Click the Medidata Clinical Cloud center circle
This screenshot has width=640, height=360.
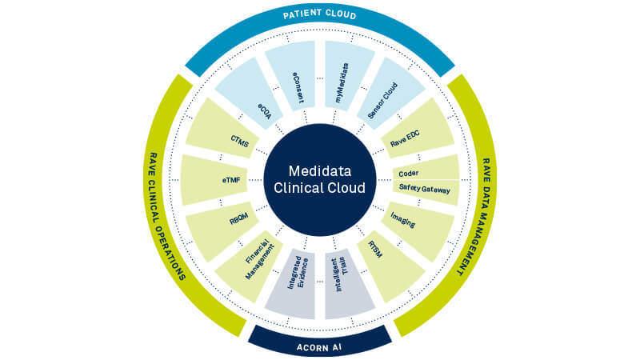point(320,181)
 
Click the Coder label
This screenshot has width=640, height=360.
point(409,173)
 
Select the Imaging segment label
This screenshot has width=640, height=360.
point(403,221)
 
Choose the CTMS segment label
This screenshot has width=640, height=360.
point(240,142)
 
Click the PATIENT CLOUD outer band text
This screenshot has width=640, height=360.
point(320,15)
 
